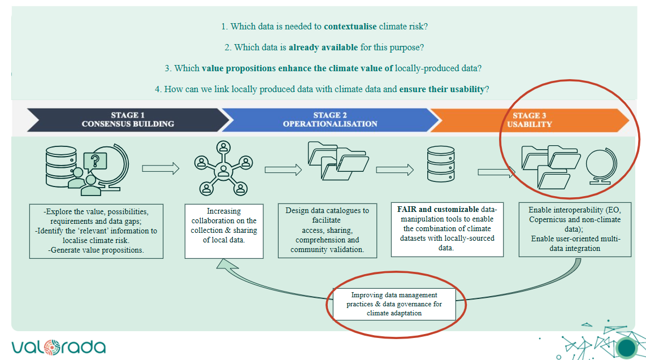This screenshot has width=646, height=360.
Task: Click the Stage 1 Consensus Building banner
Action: [x=128, y=120]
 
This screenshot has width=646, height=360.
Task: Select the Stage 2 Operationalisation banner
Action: [x=330, y=120]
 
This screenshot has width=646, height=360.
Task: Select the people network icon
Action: [x=223, y=167]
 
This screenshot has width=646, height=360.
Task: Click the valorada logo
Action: [x=58, y=346]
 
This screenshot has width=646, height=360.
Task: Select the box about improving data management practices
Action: [x=394, y=304]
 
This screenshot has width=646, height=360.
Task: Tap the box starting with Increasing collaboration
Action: [x=223, y=231]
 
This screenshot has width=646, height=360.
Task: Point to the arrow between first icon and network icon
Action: [x=161, y=168]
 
